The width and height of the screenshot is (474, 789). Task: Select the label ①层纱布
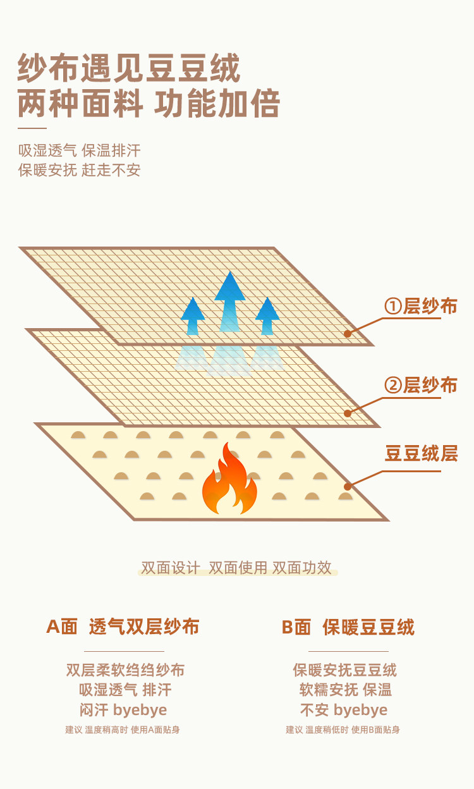[x=421, y=307]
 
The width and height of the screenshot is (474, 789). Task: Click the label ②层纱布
[x=421, y=384]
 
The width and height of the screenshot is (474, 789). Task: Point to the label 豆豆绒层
[x=421, y=453]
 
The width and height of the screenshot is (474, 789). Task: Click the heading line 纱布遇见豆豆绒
[x=130, y=69]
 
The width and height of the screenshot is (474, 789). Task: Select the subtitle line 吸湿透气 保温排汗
[x=80, y=150]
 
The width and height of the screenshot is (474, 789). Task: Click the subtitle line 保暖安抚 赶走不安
[x=80, y=170]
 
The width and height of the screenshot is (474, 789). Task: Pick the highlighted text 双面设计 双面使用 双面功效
[x=237, y=568]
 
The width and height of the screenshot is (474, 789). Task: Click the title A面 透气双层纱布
[x=123, y=627]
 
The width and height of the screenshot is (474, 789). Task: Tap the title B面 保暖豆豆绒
[x=348, y=627]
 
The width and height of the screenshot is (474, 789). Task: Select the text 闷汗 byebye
[x=123, y=710]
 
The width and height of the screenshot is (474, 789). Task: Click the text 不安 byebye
[x=344, y=710]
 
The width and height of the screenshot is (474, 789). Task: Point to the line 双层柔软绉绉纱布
[x=125, y=670]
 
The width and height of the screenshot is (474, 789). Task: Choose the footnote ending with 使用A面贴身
[x=123, y=730]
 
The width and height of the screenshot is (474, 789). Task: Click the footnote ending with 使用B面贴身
[x=343, y=730]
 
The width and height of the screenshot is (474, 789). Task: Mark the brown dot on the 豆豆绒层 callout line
[x=348, y=486]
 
